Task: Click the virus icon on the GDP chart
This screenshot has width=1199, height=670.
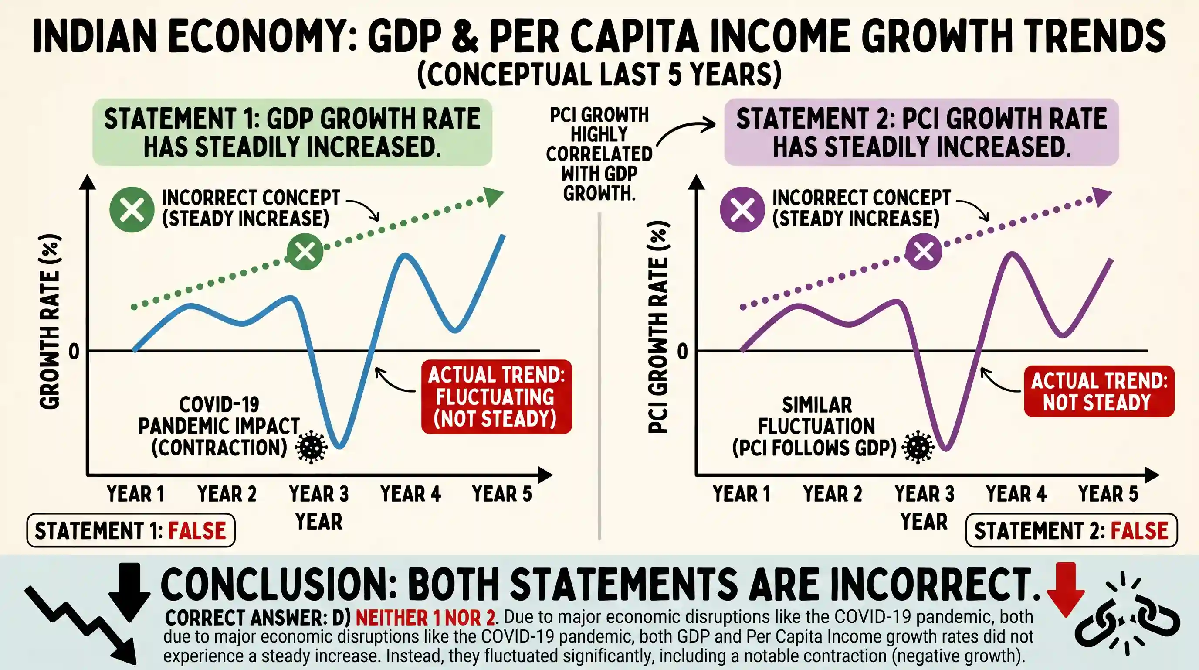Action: tap(312, 447)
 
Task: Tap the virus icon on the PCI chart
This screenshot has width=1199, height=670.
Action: tap(918, 447)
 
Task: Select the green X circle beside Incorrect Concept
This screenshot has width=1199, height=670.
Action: tap(132, 210)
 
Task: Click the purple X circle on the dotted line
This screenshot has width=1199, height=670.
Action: tap(924, 252)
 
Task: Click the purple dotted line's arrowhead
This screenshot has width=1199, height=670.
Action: tap(1102, 196)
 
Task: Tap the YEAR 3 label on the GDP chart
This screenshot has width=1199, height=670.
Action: tap(319, 494)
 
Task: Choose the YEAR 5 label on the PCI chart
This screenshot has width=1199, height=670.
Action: tap(1108, 494)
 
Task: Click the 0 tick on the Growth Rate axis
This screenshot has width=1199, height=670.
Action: tap(74, 351)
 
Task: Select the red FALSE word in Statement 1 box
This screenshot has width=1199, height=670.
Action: tap(197, 531)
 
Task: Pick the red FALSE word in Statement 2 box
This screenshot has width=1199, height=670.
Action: tap(1139, 531)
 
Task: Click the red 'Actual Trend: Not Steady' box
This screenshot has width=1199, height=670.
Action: tap(1099, 391)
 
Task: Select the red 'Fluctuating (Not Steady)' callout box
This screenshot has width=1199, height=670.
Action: tap(497, 397)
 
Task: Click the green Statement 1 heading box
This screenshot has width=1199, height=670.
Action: tap(292, 132)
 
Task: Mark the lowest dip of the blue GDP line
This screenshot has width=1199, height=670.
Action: tap(340, 447)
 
